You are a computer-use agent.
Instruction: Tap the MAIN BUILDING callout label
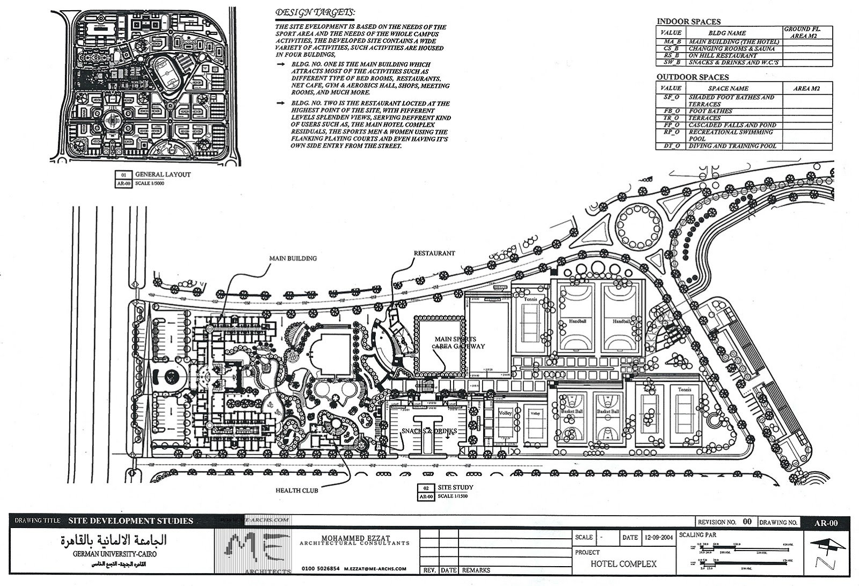point(293,258)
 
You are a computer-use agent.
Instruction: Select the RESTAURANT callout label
point(434,253)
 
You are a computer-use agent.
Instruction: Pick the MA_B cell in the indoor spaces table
point(671,41)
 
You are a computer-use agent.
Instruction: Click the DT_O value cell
point(671,146)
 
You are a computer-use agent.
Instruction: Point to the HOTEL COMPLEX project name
point(623,564)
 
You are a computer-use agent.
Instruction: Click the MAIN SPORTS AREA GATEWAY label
point(459,343)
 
